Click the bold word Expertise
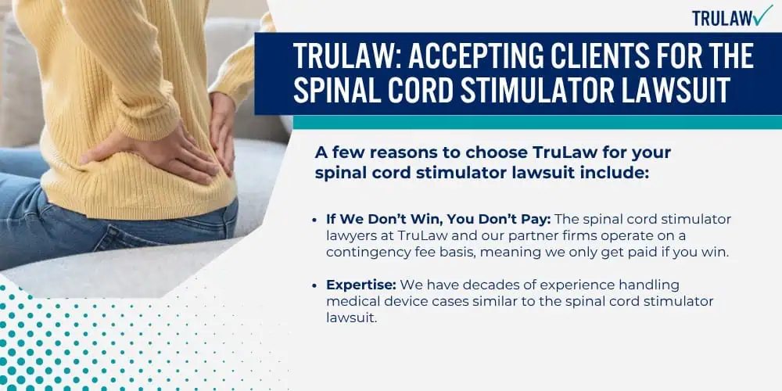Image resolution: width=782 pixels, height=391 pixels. point(361,285)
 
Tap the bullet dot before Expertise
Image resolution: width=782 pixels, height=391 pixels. point(314,285)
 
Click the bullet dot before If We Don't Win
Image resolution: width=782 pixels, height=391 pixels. point(314,220)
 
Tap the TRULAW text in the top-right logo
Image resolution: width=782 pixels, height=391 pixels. point(720,19)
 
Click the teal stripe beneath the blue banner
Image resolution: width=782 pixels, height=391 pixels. point(537,122)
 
